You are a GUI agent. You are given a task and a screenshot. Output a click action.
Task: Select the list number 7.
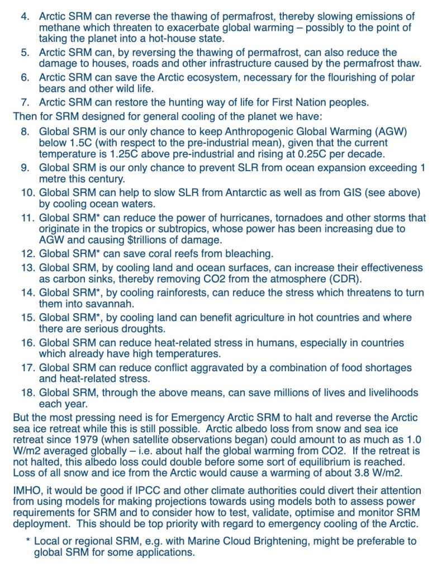coord(25,102)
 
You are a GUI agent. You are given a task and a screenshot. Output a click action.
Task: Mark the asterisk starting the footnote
coord(28,541)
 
